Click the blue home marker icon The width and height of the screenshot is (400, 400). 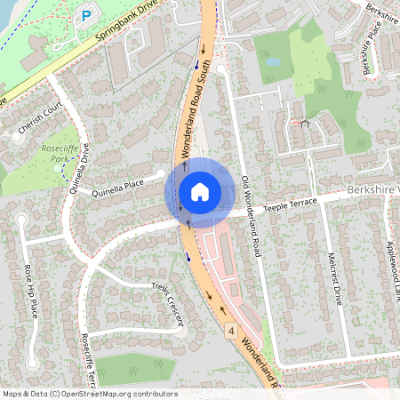click(200, 191)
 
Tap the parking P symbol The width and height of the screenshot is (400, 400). click(86, 15)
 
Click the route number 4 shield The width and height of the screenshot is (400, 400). click(230, 332)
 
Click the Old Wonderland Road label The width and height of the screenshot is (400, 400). click(250, 217)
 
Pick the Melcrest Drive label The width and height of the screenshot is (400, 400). click(334, 276)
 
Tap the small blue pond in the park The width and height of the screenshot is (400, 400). click(273, 63)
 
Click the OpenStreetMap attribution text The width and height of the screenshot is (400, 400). click(89, 393)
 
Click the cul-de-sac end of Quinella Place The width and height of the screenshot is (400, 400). click(160, 174)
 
